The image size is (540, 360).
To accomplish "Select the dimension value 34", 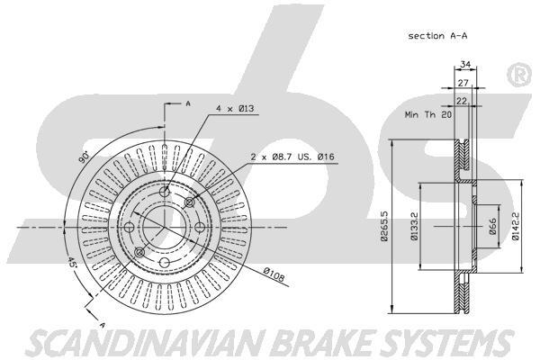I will (464, 64).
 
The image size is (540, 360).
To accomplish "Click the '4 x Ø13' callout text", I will (236, 109).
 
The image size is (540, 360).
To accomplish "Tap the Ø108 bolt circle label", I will (275, 274).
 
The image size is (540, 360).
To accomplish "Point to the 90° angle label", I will (84, 156).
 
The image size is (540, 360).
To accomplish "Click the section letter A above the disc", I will (187, 104).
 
